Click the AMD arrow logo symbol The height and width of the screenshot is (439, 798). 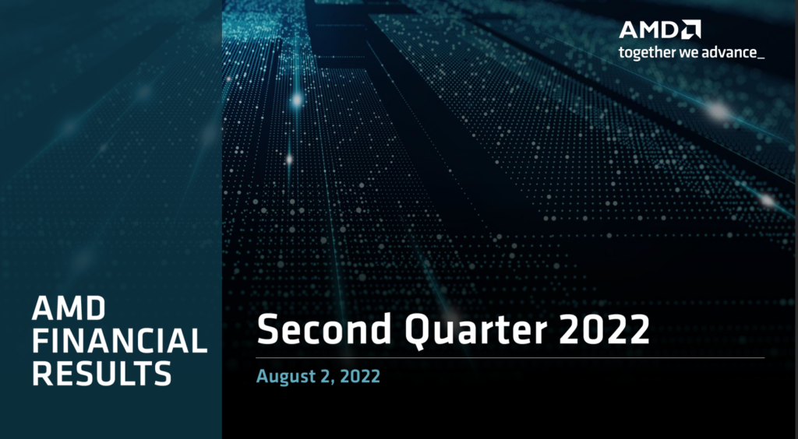click(691, 30)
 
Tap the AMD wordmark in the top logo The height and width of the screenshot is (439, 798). click(650, 30)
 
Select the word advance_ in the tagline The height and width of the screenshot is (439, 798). click(733, 52)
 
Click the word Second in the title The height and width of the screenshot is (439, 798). click(324, 329)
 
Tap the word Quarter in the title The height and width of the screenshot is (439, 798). click(475, 330)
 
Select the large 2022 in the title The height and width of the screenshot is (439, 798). click(604, 329)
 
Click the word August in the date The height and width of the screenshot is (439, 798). click(281, 377)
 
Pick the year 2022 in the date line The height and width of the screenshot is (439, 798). click(360, 376)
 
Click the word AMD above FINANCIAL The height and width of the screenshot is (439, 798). click(69, 308)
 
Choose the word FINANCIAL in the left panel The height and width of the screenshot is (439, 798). click(119, 341)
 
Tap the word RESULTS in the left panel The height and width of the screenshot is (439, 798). click(102, 374)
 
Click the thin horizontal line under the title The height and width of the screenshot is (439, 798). click(510, 358)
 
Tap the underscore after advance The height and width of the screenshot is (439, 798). click(760, 58)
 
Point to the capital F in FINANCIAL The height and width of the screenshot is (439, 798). click(42, 341)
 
